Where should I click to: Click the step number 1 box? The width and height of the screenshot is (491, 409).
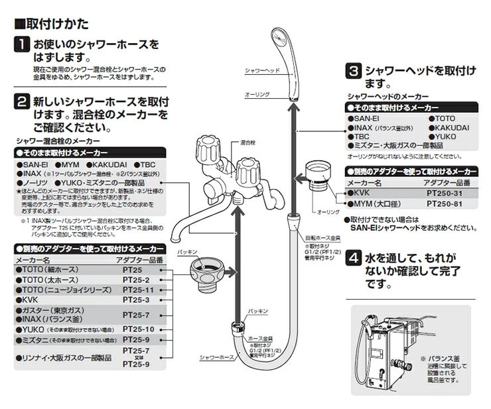23,46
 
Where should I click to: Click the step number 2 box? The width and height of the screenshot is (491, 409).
23,102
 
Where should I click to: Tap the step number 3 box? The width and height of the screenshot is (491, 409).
355,70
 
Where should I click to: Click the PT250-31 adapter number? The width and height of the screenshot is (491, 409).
448,193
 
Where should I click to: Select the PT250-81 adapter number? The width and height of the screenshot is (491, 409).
448,204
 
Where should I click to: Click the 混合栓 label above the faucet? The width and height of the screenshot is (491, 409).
248,143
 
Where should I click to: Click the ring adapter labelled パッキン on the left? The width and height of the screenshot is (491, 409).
202,271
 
